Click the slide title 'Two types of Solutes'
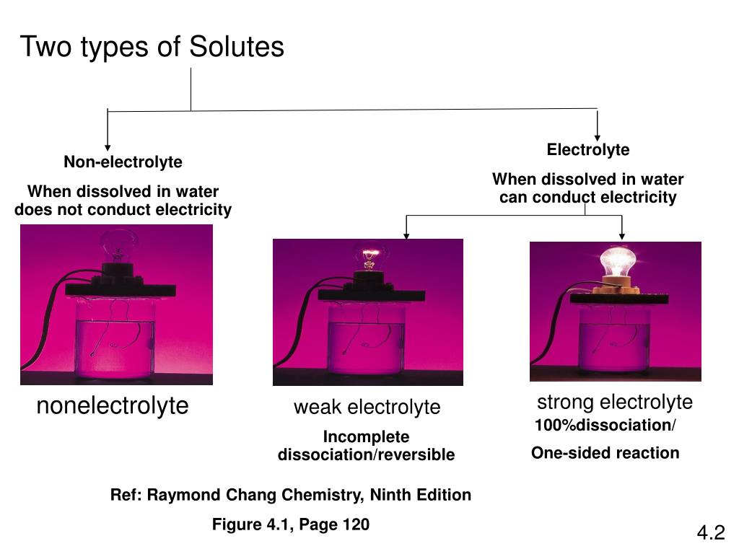click(x=152, y=48)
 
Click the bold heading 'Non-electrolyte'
click(x=123, y=162)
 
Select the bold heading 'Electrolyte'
click(x=587, y=150)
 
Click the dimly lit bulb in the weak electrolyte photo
click(x=370, y=256)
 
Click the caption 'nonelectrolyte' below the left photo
click(x=113, y=406)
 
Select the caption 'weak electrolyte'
click(x=367, y=408)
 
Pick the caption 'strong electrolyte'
click(x=614, y=402)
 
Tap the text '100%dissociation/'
click(x=605, y=426)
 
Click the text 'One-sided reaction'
click(x=605, y=453)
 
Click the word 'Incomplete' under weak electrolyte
click(x=366, y=437)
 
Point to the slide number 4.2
click(x=710, y=533)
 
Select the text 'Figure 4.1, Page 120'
click(x=290, y=524)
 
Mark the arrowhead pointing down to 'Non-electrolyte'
click(x=108, y=147)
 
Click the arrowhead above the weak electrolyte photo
click(x=407, y=234)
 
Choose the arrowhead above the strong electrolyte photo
click(x=622, y=234)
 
